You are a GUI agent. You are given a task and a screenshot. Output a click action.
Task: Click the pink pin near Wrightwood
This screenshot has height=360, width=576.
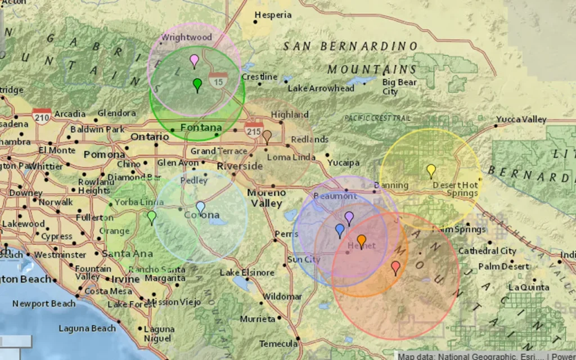[195, 60]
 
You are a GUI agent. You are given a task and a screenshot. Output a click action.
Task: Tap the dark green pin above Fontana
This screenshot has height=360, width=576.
[197, 84]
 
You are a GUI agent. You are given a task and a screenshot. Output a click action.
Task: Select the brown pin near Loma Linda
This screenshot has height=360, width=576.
[267, 136]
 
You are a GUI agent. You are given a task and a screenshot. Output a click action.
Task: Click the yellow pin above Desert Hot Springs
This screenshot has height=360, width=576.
[431, 169]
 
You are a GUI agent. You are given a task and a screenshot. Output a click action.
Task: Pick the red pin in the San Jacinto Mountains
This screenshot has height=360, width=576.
[395, 267]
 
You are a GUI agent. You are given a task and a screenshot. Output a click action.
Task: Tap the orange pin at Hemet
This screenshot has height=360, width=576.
[362, 241]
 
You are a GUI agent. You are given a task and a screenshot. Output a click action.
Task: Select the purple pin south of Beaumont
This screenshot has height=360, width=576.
[349, 217]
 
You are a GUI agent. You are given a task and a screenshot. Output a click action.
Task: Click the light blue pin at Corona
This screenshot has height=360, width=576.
[201, 207]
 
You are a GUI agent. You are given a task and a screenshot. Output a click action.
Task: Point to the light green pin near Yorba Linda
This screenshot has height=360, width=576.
[151, 216]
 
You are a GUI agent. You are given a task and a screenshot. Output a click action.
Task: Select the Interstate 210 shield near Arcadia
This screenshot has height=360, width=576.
[42, 115]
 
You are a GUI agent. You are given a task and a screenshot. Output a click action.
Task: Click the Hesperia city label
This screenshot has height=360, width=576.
[273, 15]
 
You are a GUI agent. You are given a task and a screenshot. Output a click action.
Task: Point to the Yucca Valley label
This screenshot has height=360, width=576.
[521, 119]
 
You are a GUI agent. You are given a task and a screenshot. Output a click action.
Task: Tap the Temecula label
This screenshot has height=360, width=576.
[278, 343]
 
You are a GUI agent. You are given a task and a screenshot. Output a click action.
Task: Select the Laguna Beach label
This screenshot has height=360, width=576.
[87, 328]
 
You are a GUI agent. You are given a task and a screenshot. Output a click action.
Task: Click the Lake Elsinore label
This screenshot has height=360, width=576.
[247, 272]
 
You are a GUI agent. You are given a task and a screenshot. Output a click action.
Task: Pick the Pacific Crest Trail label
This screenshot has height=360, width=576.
[377, 118]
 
